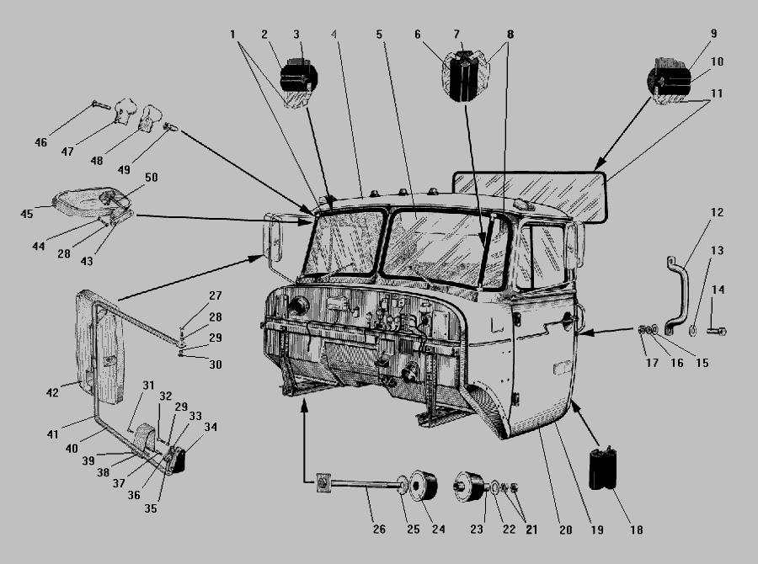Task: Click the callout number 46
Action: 41,142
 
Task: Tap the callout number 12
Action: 717,212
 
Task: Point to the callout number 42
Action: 52,392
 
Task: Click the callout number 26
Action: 380,35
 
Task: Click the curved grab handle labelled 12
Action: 675,295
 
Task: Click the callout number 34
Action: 210,427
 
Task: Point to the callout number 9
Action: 713,34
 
